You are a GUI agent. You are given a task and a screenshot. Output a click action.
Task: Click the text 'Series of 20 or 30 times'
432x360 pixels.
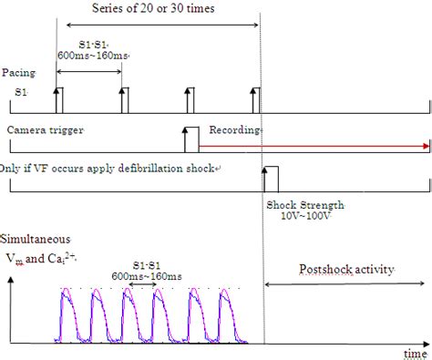(159, 8)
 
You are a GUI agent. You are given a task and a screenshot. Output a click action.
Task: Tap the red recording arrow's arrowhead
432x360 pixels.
(427, 146)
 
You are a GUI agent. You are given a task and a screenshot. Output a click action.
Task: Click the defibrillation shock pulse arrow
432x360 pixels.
(264, 180)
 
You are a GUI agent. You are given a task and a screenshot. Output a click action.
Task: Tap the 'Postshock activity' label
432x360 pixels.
(338, 271)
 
